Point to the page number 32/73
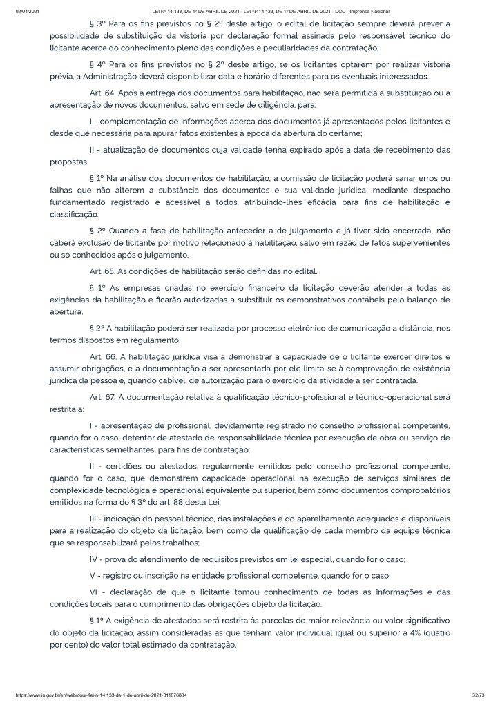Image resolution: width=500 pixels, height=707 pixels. coord(477,695)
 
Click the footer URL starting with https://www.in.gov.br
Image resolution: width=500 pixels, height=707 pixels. coord(103,695)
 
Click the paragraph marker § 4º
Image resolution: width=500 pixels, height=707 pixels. coord(97,64)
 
